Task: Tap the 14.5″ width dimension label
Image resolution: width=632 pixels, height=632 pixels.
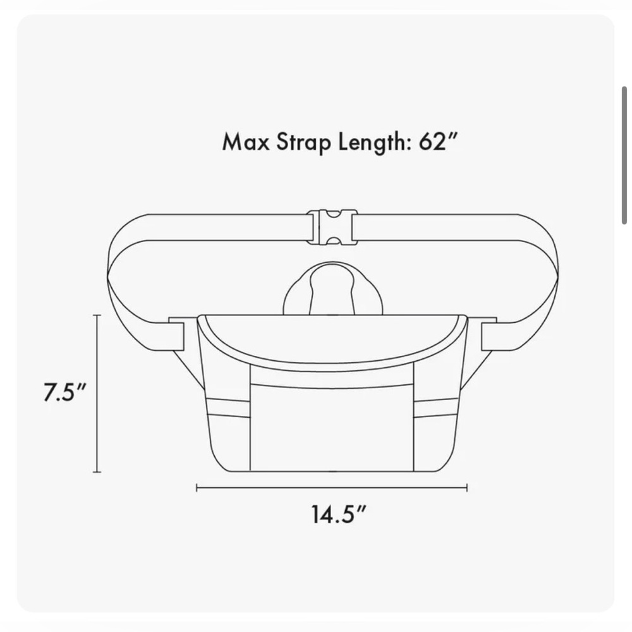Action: (x=339, y=514)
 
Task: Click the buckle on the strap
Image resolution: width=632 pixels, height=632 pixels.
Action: (x=332, y=228)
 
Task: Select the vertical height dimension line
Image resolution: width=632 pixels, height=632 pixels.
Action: (x=97, y=393)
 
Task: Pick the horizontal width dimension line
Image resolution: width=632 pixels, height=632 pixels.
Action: (x=332, y=488)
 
